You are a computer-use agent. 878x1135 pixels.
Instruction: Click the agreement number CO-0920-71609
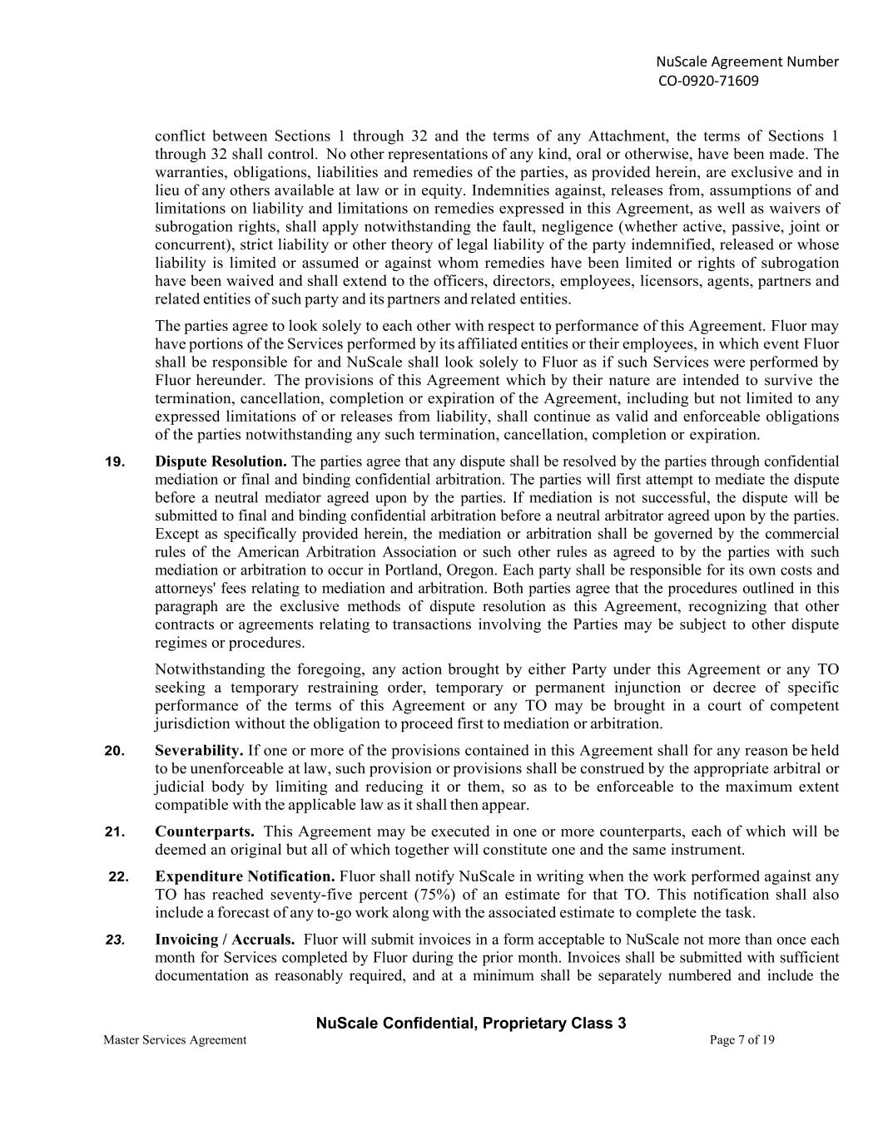pyautogui.click(x=708, y=81)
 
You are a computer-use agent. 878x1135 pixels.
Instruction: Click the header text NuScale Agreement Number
pyautogui.click(x=747, y=62)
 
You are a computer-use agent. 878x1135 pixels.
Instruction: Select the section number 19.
pyautogui.click(x=115, y=461)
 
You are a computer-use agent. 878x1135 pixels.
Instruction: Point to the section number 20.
pyautogui.click(x=115, y=751)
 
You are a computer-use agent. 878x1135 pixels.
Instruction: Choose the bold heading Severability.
pyautogui.click(x=199, y=751)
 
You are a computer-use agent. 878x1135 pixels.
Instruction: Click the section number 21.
pyautogui.click(x=115, y=832)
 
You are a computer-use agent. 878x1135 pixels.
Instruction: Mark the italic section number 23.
pyautogui.click(x=115, y=940)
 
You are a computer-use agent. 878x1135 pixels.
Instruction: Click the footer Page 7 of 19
pyautogui.click(x=742, y=1039)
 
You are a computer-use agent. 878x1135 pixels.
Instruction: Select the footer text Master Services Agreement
pyautogui.click(x=175, y=1039)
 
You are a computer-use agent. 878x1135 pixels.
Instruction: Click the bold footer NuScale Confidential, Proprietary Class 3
pyautogui.click(x=471, y=1024)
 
